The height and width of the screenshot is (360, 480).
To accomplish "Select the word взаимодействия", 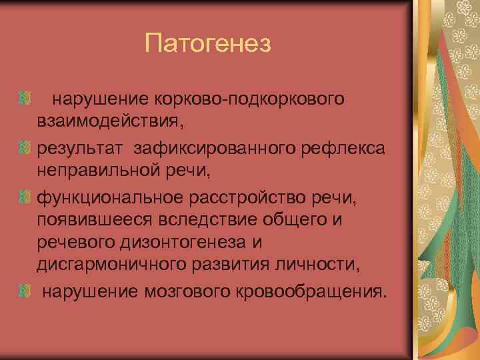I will (x=108, y=123).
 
